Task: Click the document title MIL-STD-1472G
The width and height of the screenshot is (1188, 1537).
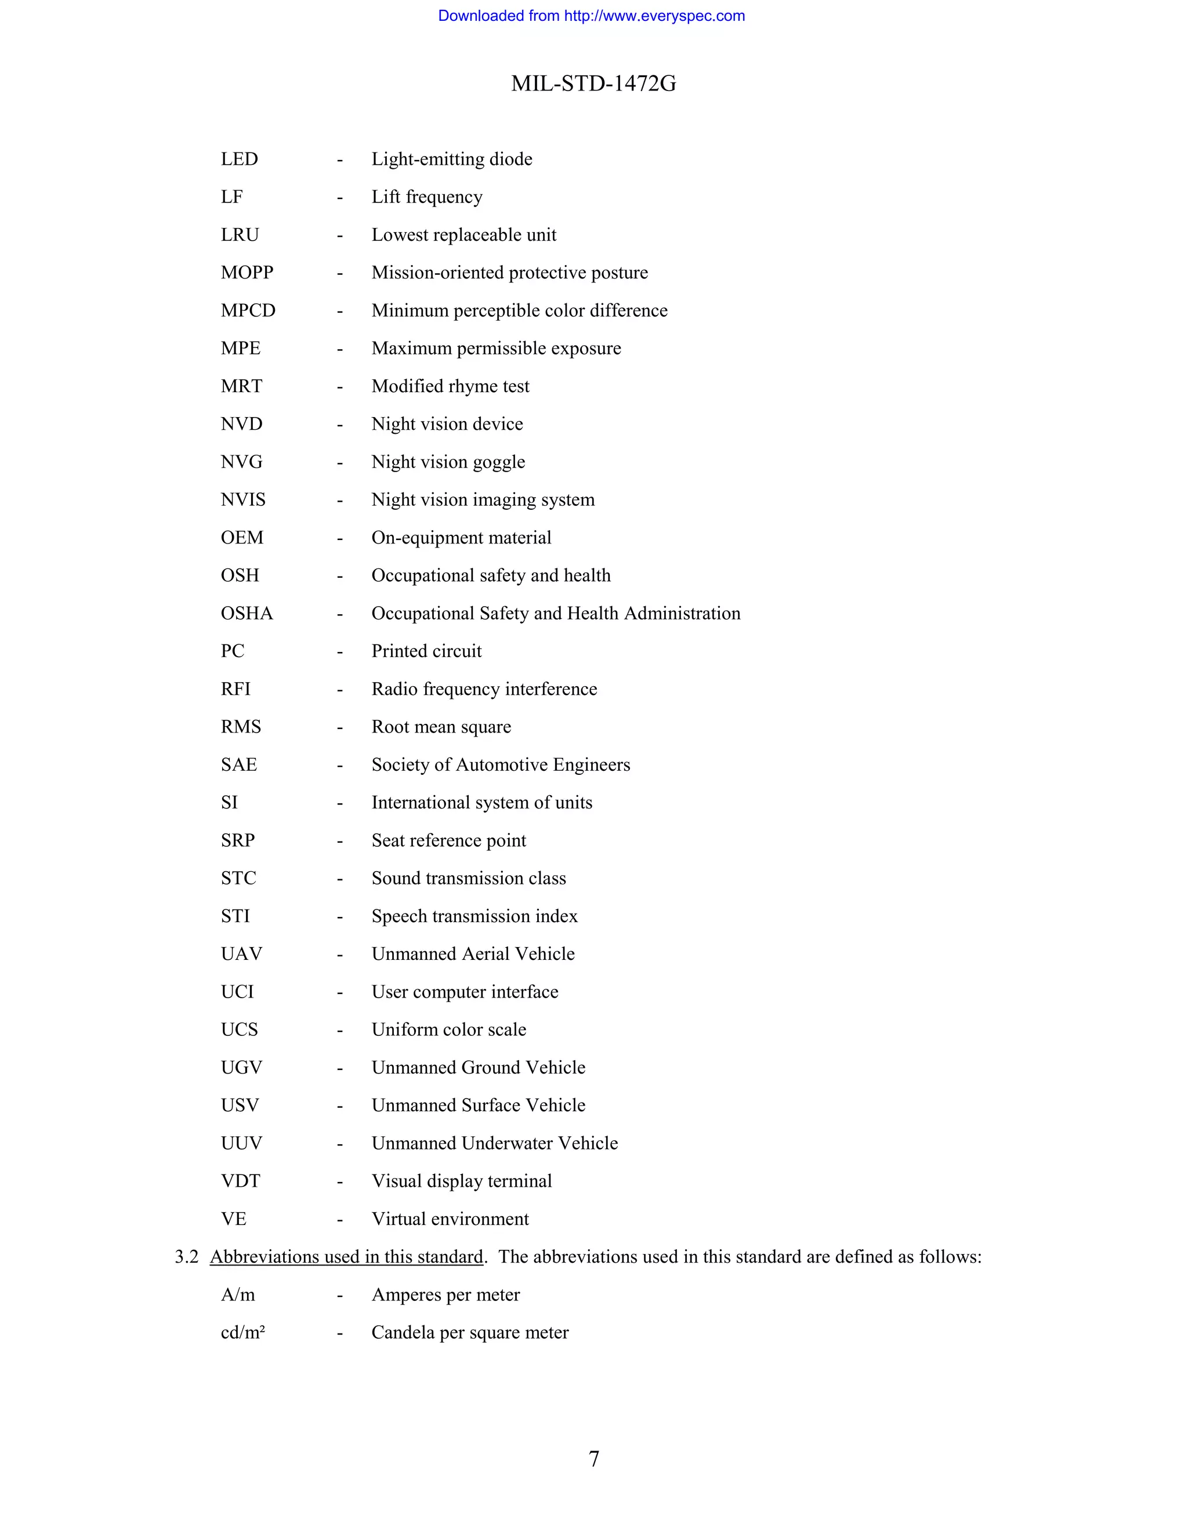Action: (x=593, y=84)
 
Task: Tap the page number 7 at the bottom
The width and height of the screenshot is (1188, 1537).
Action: (x=593, y=1458)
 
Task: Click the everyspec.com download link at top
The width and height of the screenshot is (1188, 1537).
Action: (x=591, y=16)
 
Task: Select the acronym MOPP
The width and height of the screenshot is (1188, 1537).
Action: (x=247, y=273)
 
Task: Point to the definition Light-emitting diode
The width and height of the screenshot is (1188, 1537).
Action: (x=451, y=159)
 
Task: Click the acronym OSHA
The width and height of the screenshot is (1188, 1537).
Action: (x=247, y=613)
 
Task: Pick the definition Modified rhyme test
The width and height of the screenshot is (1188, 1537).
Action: (x=450, y=386)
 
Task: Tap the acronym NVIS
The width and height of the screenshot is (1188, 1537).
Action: (x=243, y=499)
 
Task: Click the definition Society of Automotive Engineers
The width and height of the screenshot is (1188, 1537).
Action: (x=501, y=764)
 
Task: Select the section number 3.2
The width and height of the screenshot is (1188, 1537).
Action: (x=187, y=1256)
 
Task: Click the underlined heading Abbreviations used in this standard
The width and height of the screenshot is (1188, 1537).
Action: (x=346, y=1256)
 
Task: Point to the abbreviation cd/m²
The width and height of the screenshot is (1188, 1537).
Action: (x=243, y=1332)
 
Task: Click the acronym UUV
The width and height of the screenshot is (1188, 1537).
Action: (x=241, y=1143)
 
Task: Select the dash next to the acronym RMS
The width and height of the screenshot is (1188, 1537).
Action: (x=339, y=727)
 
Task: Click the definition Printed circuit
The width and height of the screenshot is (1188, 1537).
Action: (x=426, y=651)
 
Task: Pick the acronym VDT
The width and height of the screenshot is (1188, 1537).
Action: (x=240, y=1181)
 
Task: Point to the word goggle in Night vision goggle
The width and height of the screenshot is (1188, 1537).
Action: (x=498, y=462)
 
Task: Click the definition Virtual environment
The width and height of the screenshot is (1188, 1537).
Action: (x=450, y=1219)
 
